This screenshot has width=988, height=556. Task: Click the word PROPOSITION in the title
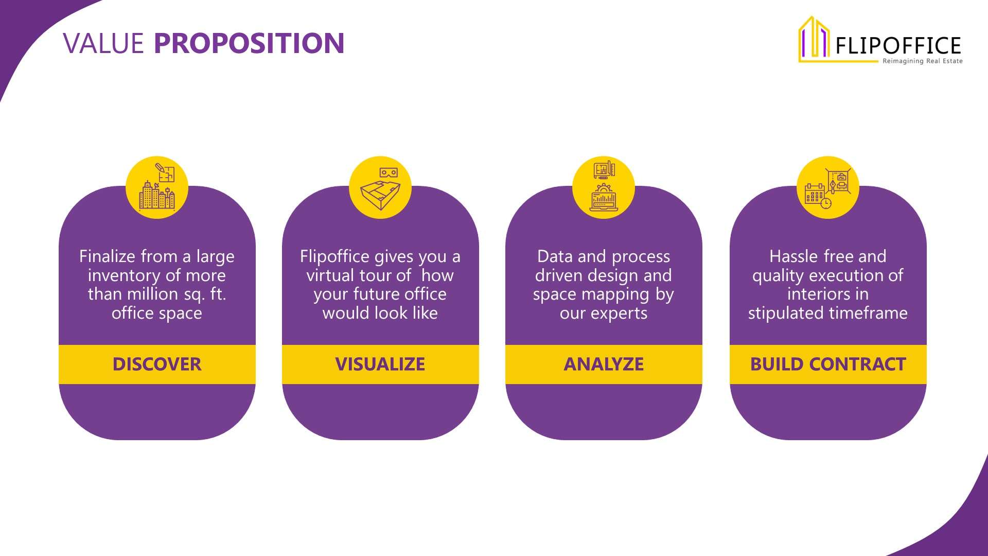pyautogui.click(x=249, y=43)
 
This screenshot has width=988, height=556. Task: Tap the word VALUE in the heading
pyautogui.click(x=103, y=43)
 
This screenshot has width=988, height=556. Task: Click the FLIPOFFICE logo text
pyautogui.click(x=898, y=46)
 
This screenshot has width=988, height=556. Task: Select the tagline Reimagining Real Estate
pyautogui.click(x=923, y=61)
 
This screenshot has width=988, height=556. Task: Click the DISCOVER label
pyautogui.click(x=157, y=364)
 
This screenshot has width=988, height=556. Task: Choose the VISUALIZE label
pyautogui.click(x=380, y=364)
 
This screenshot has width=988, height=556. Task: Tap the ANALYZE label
pyautogui.click(x=604, y=364)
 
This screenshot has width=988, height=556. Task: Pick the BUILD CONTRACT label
pyautogui.click(x=828, y=364)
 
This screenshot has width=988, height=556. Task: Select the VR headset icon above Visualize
pyautogui.click(x=389, y=173)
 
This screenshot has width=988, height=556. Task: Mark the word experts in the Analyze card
pyautogui.click(x=619, y=314)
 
